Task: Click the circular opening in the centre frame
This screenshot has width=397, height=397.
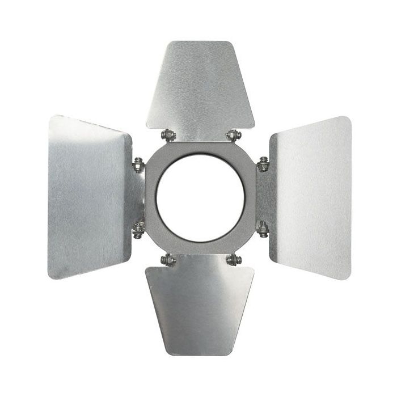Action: click(200, 198)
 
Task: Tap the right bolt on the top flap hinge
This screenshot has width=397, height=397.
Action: click(233, 136)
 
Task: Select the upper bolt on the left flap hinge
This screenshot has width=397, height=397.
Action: click(138, 165)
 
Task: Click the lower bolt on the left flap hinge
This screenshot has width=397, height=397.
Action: click(138, 229)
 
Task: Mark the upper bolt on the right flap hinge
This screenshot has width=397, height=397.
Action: click(262, 165)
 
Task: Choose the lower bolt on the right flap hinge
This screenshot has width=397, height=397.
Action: click(262, 229)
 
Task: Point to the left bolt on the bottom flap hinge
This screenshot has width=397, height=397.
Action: click(167, 260)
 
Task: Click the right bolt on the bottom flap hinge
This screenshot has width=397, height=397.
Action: click(233, 260)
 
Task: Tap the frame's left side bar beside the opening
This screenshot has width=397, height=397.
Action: click(150, 198)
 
